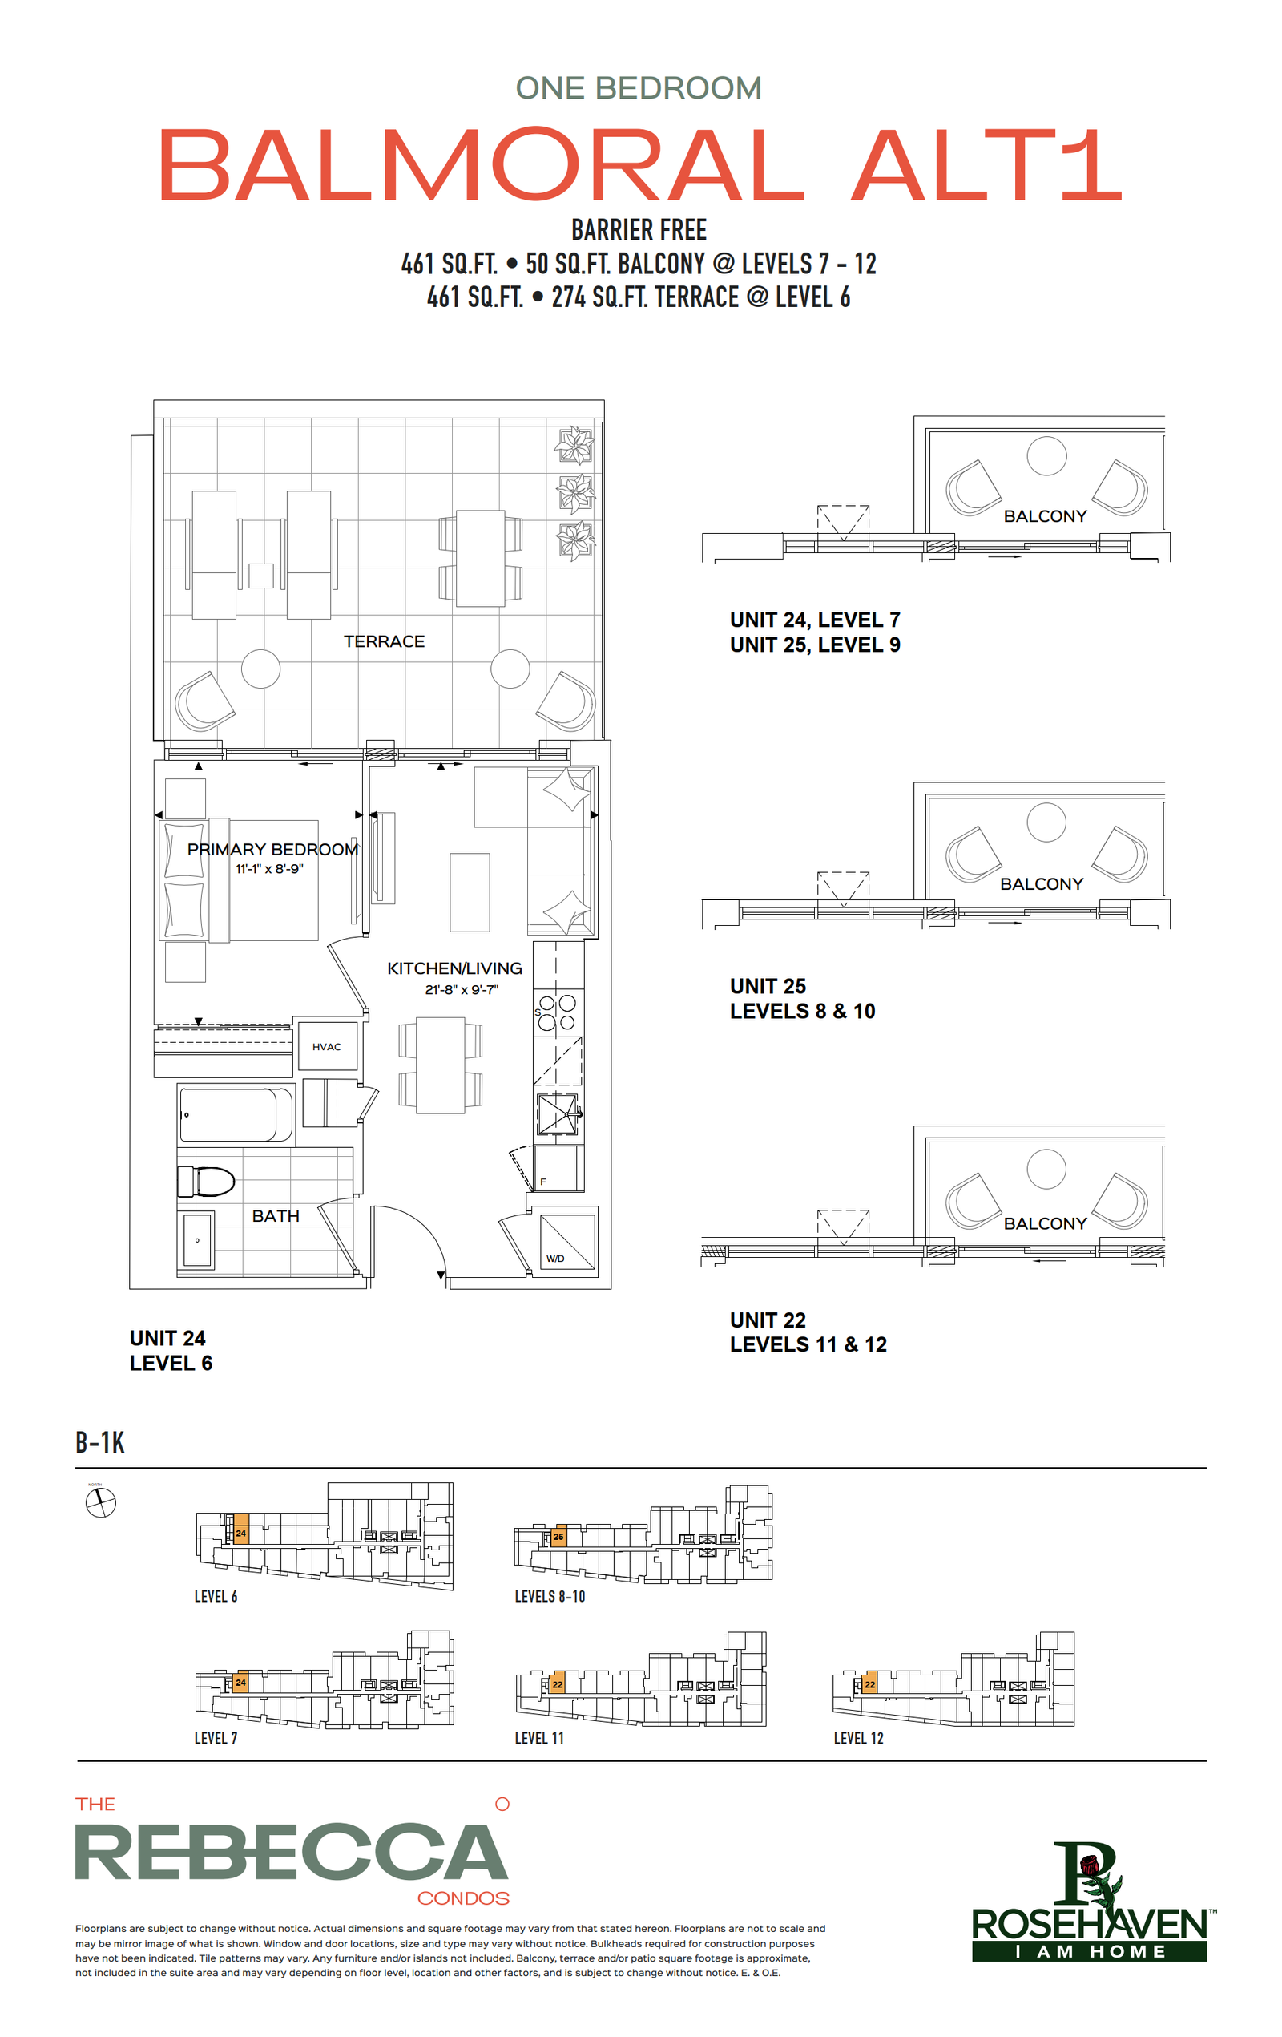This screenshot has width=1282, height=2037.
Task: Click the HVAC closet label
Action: tap(326, 1046)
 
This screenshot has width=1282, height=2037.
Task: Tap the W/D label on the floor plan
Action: tap(554, 1258)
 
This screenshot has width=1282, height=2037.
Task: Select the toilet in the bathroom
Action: tap(205, 1181)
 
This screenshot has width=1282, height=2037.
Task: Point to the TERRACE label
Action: tap(384, 641)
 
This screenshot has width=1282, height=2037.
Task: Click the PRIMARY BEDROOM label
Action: tap(273, 849)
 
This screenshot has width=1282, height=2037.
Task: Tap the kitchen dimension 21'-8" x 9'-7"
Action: tap(462, 989)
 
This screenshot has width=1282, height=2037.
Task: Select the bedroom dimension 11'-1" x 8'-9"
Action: tap(269, 869)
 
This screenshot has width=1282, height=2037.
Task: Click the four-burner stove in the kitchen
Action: tap(558, 1012)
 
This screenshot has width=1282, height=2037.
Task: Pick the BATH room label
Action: tap(276, 1215)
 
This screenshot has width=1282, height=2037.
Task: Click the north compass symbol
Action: tap(101, 1503)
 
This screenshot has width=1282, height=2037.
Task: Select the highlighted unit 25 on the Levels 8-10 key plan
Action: tap(558, 1537)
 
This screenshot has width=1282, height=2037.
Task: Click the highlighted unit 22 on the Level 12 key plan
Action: tap(870, 1684)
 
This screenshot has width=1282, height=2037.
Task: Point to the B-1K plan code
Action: tap(100, 1442)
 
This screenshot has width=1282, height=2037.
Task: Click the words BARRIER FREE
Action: tap(639, 230)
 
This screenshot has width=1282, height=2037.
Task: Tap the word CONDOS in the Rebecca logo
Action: tap(463, 1898)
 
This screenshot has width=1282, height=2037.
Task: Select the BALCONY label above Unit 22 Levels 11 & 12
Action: tap(1045, 1223)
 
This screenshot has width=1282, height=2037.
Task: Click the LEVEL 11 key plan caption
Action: tap(538, 1739)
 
